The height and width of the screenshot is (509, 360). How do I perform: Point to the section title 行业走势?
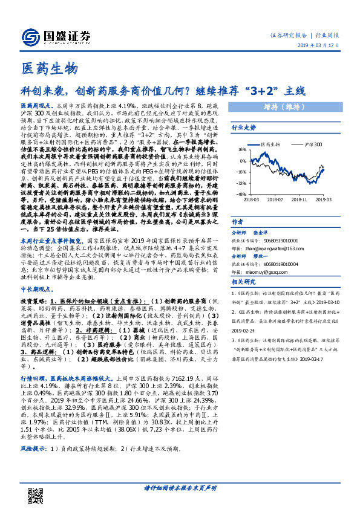pos(243,128)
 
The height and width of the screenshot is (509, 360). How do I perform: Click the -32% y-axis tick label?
pos(241,183)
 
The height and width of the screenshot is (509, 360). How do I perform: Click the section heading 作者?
pos(238,221)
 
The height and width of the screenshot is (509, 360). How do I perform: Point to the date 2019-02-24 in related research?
pos(244,332)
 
